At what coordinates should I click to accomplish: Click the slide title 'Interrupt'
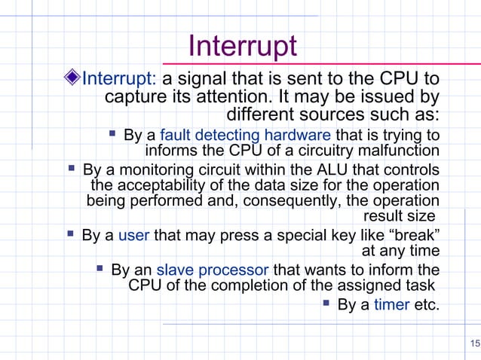click(x=242, y=47)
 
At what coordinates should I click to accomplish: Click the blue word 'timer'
click(x=391, y=305)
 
